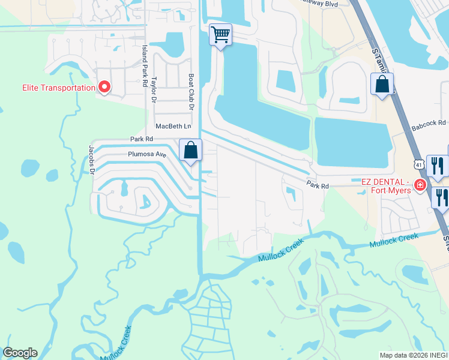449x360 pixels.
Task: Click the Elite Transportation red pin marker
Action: click(x=104, y=88)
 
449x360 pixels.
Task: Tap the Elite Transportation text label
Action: click(x=59, y=88)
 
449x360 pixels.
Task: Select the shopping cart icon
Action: click(x=220, y=35)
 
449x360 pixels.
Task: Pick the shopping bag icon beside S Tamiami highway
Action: click(x=382, y=84)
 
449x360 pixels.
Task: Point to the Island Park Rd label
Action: click(x=145, y=65)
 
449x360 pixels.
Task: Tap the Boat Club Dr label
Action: click(x=191, y=92)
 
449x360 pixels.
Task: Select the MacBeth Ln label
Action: click(x=173, y=127)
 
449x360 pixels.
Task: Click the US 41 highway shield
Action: click(x=417, y=163)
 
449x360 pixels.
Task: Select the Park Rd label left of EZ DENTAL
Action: click(x=318, y=186)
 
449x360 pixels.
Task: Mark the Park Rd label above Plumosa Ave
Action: click(x=142, y=139)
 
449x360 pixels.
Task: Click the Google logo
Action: click(x=20, y=353)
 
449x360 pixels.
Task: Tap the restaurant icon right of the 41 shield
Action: click(x=436, y=165)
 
